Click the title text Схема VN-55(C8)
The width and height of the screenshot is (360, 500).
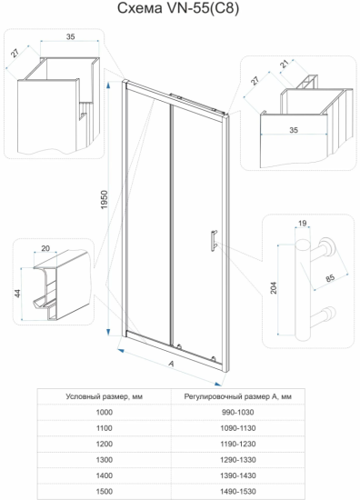(178, 8)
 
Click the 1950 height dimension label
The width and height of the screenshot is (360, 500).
(105, 200)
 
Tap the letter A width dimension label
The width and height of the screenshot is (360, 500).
(171, 364)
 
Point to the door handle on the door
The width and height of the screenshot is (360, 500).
(214, 241)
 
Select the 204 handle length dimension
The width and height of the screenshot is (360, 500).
(274, 287)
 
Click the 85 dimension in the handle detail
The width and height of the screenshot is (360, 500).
(330, 278)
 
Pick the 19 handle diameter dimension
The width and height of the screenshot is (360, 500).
(303, 223)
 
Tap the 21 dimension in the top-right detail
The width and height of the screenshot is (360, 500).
(285, 64)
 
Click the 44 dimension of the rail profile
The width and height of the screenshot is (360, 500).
(17, 294)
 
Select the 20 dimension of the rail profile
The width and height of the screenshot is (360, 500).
(45, 248)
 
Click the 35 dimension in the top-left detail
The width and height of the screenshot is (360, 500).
(71, 36)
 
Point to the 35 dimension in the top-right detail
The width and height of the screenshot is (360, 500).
(294, 130)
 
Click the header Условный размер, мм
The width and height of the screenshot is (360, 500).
(105, 396)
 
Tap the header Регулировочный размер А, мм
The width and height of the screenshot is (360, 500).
(238, 396)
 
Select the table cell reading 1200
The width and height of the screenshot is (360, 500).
(105, 444)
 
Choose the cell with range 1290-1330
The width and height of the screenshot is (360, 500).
(238, 460)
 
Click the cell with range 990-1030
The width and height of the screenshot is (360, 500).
(238, 413)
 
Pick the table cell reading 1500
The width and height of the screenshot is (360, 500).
(105, 492)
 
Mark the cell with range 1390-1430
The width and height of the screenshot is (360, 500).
(238, 475)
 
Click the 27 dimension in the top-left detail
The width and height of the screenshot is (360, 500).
(15, 53)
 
